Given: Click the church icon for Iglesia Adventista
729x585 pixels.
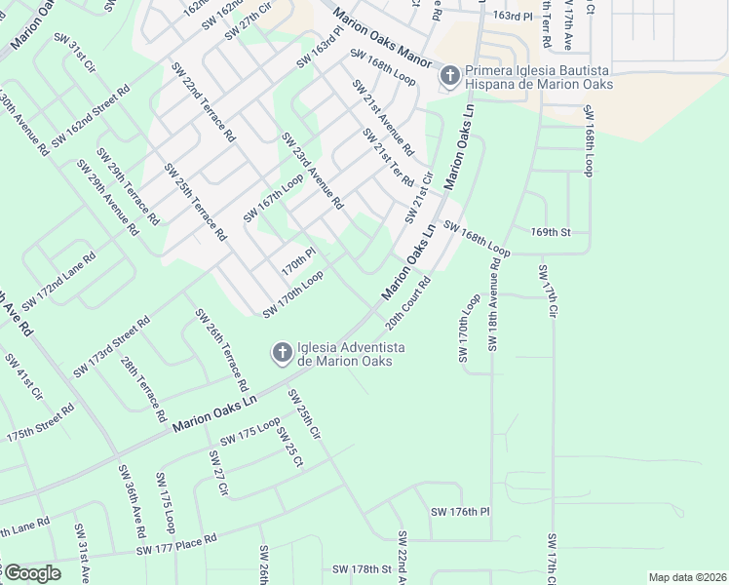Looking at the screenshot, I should point(282,352).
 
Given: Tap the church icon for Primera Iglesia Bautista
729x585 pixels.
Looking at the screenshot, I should point(449,76).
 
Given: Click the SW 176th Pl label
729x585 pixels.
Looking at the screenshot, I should point(459,512).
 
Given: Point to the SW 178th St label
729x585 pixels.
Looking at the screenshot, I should point(358,568).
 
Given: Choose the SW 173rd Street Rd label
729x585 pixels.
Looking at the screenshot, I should point(111,347).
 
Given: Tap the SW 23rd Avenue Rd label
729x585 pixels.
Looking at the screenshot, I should point(312,172).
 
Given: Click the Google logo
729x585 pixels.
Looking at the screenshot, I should point(31,573).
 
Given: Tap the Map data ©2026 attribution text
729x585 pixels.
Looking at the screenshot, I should point(687,576).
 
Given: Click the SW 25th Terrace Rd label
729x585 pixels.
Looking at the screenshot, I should point(195,202).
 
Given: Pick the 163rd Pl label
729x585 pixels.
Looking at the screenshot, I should point(514,17).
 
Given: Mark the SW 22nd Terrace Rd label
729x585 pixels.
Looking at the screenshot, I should point(203,102).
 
